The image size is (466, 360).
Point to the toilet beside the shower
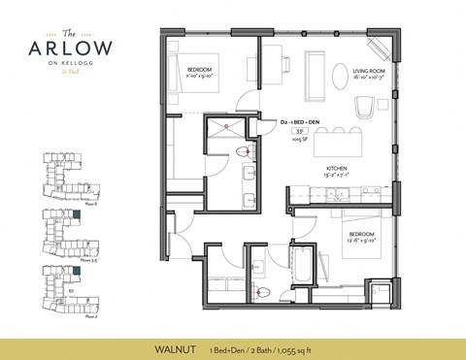click(x=248, y=150)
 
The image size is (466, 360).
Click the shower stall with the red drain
click(x=225, y=132)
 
